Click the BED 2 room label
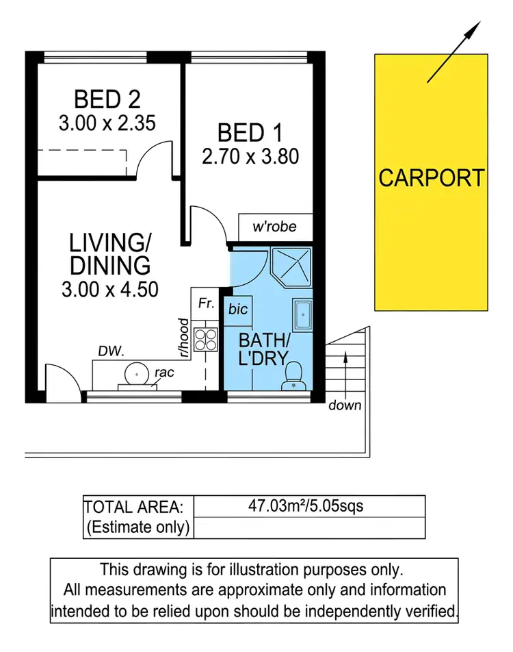coord(107,99)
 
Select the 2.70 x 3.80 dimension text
coord(250,156)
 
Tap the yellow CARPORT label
coord(432,178)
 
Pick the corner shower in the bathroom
coord(291,267)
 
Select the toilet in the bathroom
coord(293,375)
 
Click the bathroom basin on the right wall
coord(302,318)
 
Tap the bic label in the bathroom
coord(238,310)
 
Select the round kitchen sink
coord(137,374)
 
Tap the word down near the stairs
coord(344,405)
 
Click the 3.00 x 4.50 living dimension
coord(110,289)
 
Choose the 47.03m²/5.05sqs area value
coord(306,507)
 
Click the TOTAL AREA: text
coord(134,507)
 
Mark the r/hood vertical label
coord(183,338)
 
